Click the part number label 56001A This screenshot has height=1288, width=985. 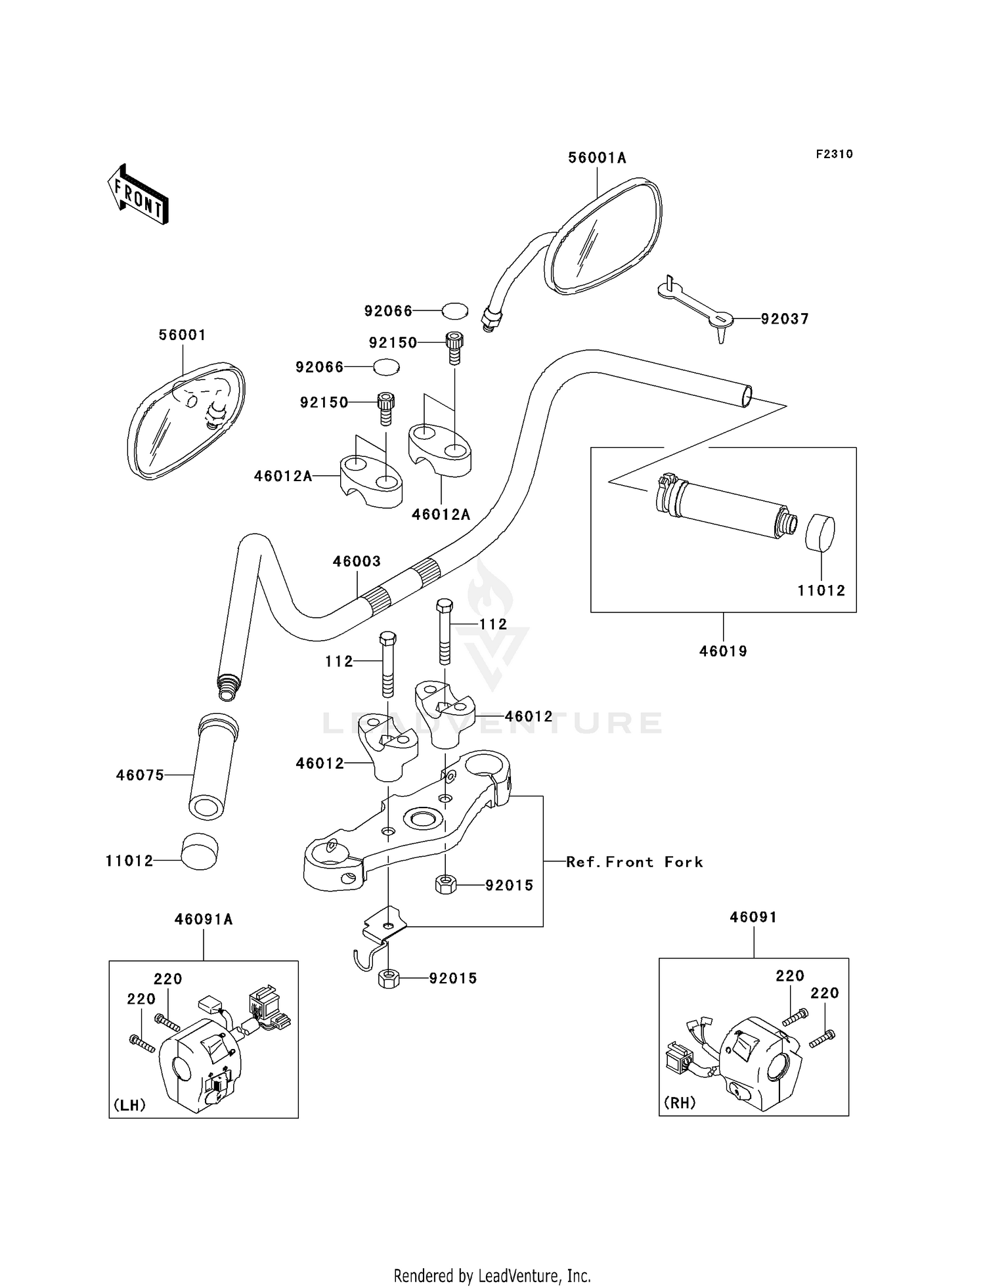[x=597, y=158]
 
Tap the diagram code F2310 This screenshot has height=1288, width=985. [x=835, y=154]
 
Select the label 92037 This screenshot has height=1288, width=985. [x=785, y=319]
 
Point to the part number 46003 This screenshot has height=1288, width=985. [x=357, y=561]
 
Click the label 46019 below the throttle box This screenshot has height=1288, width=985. [x=723, y=651]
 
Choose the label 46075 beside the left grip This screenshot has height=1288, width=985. [x=140, y=775]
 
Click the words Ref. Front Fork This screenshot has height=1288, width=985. [x=634, y=862]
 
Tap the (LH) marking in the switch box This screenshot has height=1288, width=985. [x=129, y=1105]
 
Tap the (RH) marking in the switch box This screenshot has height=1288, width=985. [x=680, y=1103]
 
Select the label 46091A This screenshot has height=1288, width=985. [x=204, y=920]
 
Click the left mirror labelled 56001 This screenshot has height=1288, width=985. [x=186, y=420]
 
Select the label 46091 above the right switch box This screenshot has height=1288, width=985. [x=753, y=917]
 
